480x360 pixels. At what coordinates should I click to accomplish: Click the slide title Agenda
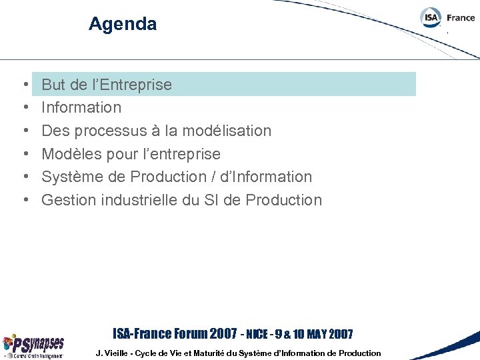[x=123, y=25]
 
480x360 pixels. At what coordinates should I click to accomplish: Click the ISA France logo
[x=447, y=18]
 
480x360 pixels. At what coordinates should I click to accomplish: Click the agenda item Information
[x=81, y=107]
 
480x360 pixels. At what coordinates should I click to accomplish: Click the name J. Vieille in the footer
[x=113, y=353]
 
